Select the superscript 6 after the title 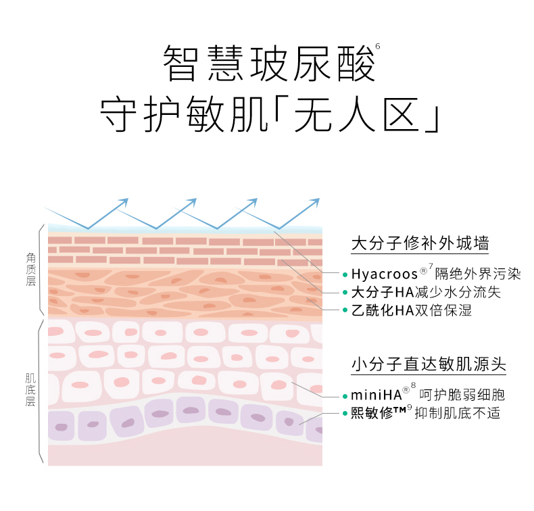pyautogui.click(x=377, y=46)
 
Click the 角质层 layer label pyautogui.click(x=30, y=269)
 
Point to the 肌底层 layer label pyautogui.click(x=30, y=388)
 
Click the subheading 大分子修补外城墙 pyautogui.click(x=420, y=243)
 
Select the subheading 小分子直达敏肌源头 pyautogui.click(x=429, y=364)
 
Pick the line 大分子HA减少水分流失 pyautogui.click(x=426, y=293)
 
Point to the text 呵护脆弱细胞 pyautogui.click(x=462, y=395)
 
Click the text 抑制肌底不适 pyautogui.click(x=466, y=413)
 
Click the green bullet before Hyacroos pyautogui.click(x=345, y=275)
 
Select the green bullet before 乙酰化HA pyautogui.click(x=345, y=311)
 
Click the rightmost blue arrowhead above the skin pyautogui.click(x=315, y=202)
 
